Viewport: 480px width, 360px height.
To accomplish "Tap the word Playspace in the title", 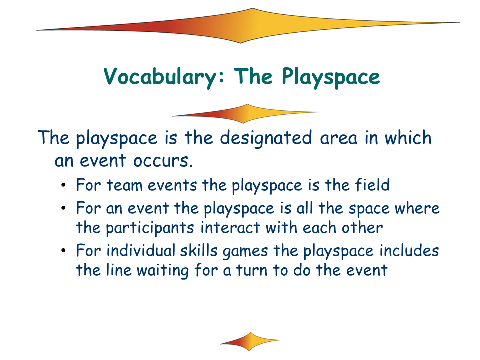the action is click(331, 77).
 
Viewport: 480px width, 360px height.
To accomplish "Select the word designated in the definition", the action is click(266, 138).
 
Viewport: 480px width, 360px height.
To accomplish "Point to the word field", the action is click(372, 185).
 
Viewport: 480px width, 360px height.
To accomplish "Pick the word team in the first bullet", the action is click(124, 186).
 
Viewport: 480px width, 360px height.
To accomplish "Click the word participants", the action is click(150, 228).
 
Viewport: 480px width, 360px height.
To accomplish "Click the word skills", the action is click(199, 250).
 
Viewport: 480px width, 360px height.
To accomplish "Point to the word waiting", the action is click(163, 271).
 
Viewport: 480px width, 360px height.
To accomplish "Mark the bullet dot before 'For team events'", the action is click(63, 185).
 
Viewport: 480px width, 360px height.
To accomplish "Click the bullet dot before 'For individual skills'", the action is click(63, 251).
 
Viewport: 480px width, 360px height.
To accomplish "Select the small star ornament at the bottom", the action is click(250, 341).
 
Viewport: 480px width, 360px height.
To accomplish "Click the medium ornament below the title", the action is click(246, 113).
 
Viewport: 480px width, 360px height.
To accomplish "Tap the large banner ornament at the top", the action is click(248, 26).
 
